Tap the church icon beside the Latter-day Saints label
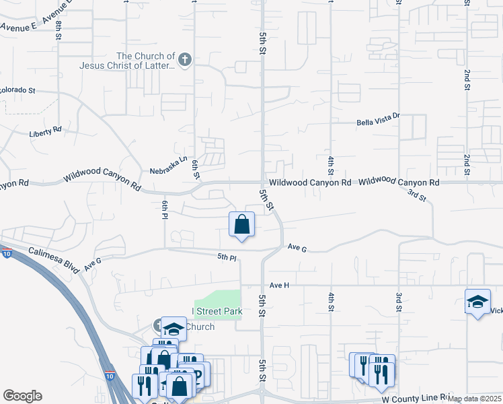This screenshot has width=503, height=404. (186, 61)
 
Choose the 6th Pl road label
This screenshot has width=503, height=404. (163, 209)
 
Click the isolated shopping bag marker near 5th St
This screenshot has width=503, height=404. (241, 225)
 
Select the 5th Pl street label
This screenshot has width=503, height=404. (227, 257)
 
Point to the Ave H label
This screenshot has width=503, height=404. (279, 285)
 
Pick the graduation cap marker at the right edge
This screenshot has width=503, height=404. (477, 302)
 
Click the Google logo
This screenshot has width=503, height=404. (22, 396)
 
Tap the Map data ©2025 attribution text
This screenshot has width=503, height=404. (473, 399)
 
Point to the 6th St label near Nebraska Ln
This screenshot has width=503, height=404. (196, 170)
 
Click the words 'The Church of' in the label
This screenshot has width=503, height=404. (146, 56)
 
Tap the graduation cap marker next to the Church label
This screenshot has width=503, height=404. (173, 328)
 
